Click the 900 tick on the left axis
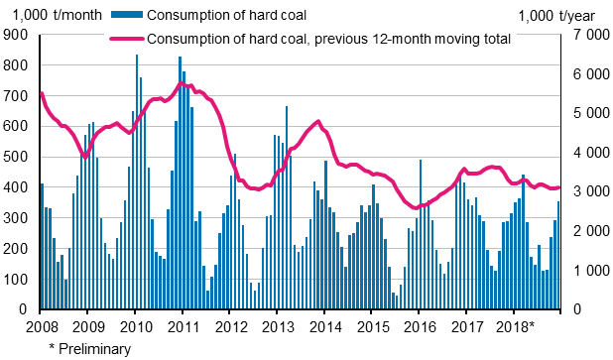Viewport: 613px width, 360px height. click(18, 35)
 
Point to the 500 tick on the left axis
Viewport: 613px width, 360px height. click(18, 157)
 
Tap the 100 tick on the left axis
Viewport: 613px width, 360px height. click(18, 280)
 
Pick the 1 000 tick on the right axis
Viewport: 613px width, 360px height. click(585, 271)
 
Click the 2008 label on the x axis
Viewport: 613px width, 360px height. click(41, 325)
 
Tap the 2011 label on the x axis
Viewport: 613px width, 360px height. click(183, 325)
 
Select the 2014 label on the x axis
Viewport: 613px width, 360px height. click(324, 325)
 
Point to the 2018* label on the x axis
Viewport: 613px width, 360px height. click(516, 325)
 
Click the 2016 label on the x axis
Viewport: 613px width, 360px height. click(420, 325)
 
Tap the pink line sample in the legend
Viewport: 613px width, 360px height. click(124, 40)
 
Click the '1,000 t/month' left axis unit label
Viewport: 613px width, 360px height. click(48, 15)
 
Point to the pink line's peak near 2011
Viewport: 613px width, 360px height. click(181, 84)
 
